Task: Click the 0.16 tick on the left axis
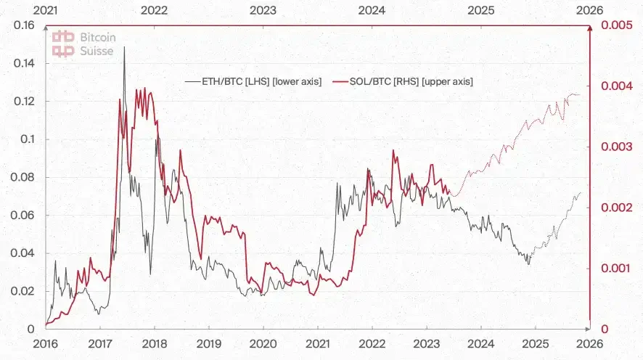coord(25,25)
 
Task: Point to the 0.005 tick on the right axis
coord(614,25)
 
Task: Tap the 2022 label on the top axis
coord(155,10)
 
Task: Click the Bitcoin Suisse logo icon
coord(65,43)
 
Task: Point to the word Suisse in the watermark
coord(97,51)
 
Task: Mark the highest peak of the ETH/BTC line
coord(124,47)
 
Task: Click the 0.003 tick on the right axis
coord(614,147)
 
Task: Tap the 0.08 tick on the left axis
coord(25,177)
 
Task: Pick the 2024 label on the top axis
coord(372,10)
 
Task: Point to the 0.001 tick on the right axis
coord(614,269)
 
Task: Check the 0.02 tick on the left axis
coord(25,291)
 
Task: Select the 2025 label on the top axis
coord(481,10)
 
